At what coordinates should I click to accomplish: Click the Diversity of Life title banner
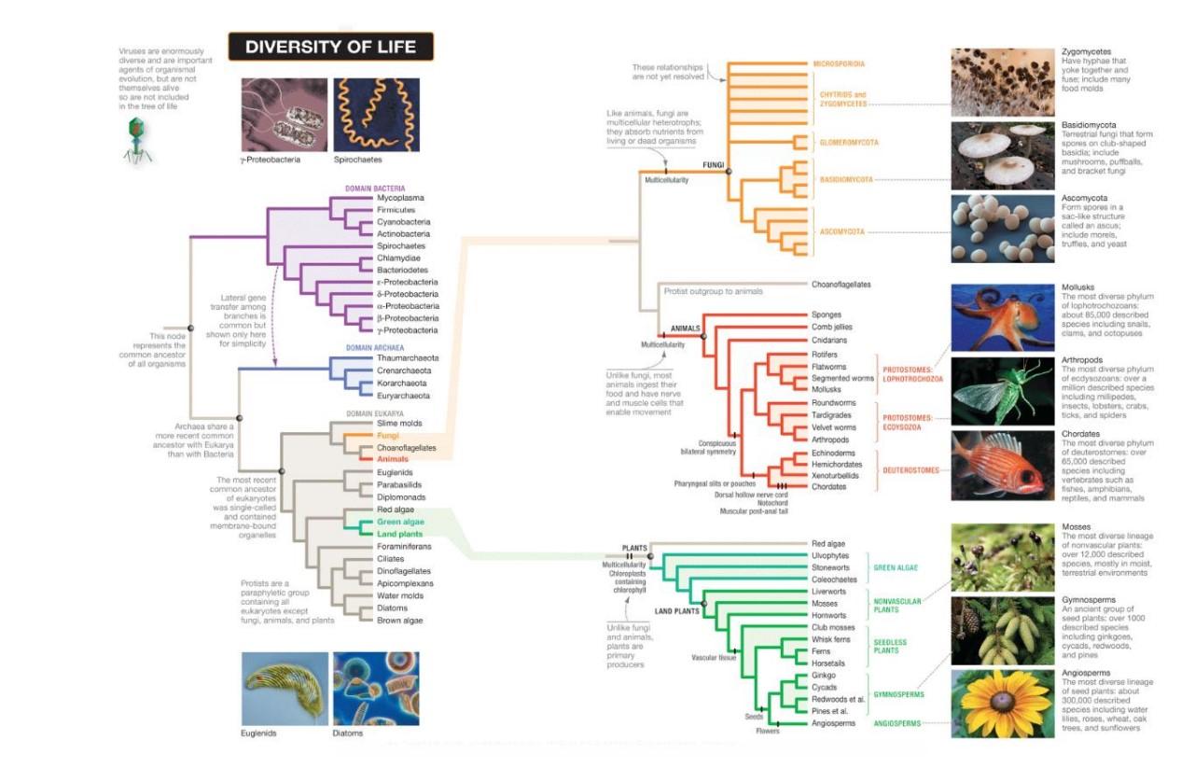tap(330, 47)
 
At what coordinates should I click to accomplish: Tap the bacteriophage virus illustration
tap(136, 141)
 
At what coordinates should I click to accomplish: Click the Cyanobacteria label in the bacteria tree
tap(403, 222)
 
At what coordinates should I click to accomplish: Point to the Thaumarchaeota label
tap(408, 358)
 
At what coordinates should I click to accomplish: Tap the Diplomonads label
tap(402, 497)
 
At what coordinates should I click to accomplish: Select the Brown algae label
tap(400, 620)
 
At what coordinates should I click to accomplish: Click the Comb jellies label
tap(832, 328)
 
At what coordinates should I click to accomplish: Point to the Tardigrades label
tap(835, 415)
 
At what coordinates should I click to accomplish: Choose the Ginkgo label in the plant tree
tap(825, 675)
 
